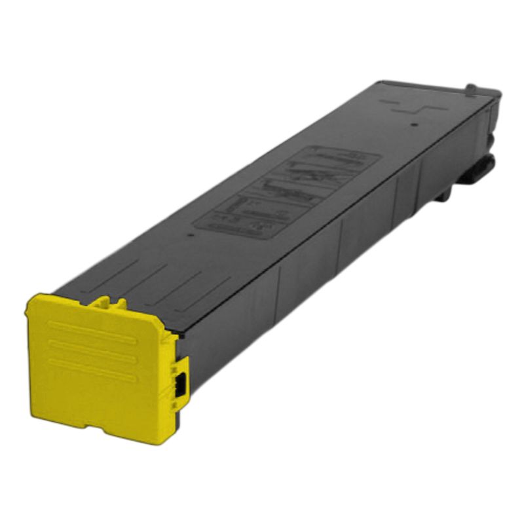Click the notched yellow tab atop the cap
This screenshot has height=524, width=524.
pyautogui.click(x=107, y=303)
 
